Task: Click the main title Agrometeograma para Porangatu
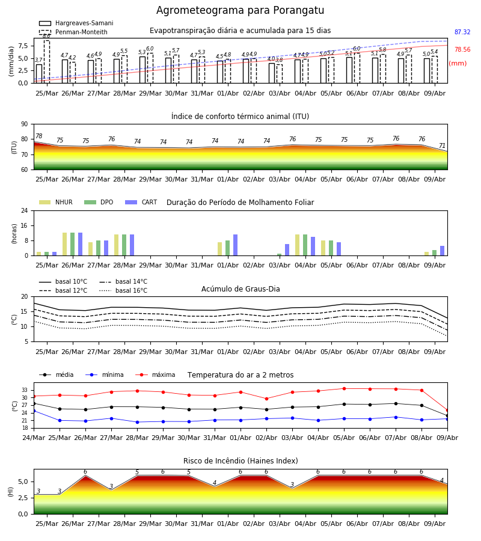click(x=240, y=10)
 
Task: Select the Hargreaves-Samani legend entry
click(x=76, y=23)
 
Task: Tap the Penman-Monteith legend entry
click(x=73, y=32)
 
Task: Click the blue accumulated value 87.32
click(x=462, y=32)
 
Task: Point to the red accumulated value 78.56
click(x=462, y=49)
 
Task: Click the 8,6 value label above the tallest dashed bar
click(x=46, y=36)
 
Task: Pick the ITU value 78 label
click(x=39, y=136)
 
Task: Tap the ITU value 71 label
click(x=442, y=145)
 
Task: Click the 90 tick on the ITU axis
click(x=25, y=124)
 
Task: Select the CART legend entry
click(x=141, y=202)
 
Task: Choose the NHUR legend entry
click(x=56, y=202)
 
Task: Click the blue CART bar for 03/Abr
click(x=287, y=250)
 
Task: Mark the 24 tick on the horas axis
click(x=25, y=210)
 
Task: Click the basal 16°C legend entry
click(x=123, y=290)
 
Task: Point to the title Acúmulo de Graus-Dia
click(x=240, y=289)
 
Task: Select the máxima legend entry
click(x=155, y=374)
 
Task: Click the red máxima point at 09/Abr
click(x=447, y=410)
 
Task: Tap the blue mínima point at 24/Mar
click(x=34, y=411)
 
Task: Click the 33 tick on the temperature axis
click(x=25, y=390)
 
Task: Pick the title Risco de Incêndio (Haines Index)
click(x=240, y=460)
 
